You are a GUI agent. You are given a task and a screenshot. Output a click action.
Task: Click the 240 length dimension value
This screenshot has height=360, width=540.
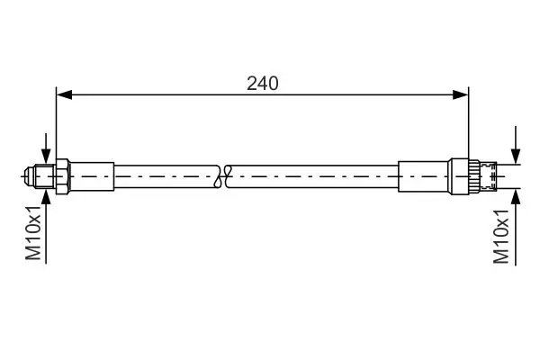[263, 84]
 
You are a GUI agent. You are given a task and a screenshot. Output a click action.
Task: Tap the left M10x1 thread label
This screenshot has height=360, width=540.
[33, 234]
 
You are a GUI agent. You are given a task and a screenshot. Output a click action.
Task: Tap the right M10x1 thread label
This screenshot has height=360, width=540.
[501, 237]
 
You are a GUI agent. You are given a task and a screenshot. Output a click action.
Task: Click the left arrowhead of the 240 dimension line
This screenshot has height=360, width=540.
[65, 94]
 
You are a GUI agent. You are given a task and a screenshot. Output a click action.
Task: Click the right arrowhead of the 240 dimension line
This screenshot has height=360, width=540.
[461, 94]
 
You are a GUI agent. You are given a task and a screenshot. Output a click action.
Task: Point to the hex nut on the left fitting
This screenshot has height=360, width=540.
[63, 176]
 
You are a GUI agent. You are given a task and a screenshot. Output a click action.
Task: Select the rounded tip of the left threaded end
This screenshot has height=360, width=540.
[30, 176]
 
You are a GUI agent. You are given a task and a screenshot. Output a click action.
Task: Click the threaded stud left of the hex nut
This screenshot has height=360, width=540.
[45, 176]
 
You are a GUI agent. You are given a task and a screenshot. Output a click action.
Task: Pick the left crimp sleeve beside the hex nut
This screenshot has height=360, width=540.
[92, 176]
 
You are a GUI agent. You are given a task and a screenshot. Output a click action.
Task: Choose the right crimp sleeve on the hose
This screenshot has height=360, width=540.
[423, 176]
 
